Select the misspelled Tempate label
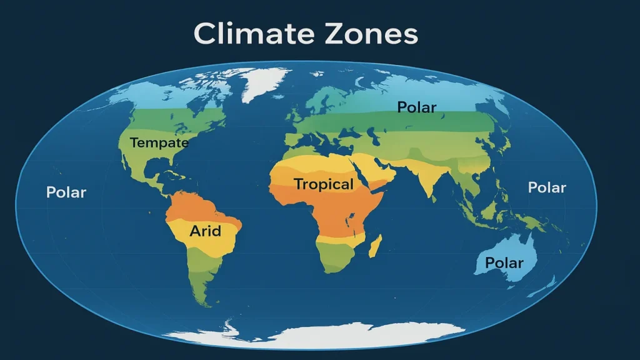tap(159, 143)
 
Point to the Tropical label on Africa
tap(324, 184)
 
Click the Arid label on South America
tap(206, 231)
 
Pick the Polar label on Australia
tap(504, 262)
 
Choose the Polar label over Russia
tap(417, 107)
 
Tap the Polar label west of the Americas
tap(66, 192)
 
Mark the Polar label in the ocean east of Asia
tap(547, 187)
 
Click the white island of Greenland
tap(262, 84)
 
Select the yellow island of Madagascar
tap(375, 247)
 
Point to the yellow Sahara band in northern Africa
tap(312, 164)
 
